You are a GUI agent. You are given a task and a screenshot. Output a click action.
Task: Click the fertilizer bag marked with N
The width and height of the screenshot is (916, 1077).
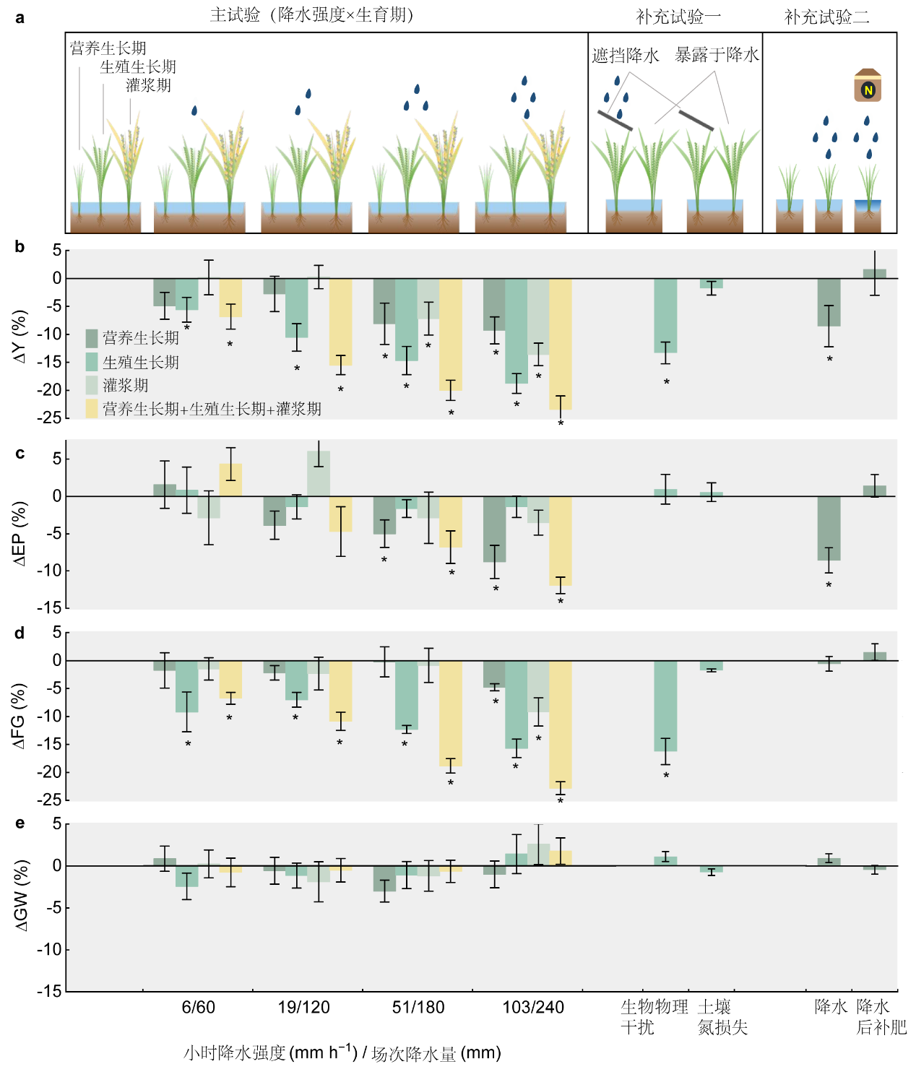pyautogui.click(x=868, y=86)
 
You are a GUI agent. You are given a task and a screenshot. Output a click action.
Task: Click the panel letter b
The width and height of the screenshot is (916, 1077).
pyautogui.click(x=20, y=247)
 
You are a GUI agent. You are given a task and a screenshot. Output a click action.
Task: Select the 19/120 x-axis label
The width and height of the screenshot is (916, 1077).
pyautogui.click(x=304, y=1007)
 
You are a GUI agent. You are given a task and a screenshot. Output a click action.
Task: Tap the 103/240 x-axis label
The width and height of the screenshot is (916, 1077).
pyautogui.click(x=533, y=1007)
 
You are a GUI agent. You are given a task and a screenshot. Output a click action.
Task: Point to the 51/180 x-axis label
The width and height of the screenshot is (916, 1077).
pyautogui.click(x=418, y=1007)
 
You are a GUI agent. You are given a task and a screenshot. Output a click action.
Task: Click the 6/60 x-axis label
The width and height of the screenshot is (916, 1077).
pyautogui.click(x=198, y=1007)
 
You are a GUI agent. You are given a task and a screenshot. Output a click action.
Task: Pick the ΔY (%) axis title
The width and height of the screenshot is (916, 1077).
pyautogui.click(x=20, y=337)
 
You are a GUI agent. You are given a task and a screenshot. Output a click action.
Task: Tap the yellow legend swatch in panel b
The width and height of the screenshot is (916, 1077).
pyautogui.click(x=92, y=409)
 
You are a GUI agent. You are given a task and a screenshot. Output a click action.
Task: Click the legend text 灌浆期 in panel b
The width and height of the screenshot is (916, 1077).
pyautogui.click(x=126, y=386)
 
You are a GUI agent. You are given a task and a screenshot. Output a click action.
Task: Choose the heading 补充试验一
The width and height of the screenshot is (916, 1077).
pyautogui.click(x=678, y=17)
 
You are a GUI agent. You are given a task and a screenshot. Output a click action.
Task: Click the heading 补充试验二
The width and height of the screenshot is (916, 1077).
pyautogui.click(x=827, y=17)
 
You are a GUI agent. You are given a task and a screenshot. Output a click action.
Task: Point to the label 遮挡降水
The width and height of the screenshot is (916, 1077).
pyautogui.click(x=626, y=56)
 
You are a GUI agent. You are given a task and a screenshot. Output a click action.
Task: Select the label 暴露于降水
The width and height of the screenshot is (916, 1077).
pyautogui.click(x=717, y=55)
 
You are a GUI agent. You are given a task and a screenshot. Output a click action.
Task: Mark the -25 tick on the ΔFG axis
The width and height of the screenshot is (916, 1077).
pyautogui.click(x=51, y=800)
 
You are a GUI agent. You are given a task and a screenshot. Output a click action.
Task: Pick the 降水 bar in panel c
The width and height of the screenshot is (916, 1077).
pyautogui.click(x=829, y=528)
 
